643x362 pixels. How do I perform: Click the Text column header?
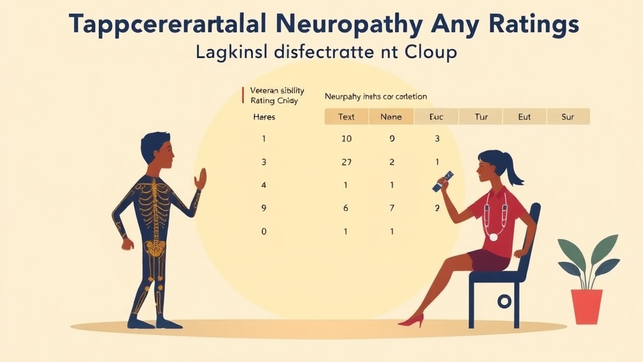coord(346,117)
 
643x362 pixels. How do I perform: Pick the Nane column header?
coord(391,117)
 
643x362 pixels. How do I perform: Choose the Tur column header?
coord(481,117)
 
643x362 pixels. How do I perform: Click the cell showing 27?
coord(346,162)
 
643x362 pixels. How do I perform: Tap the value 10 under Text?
coord(346,139)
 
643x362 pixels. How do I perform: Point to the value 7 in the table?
coord(391,208)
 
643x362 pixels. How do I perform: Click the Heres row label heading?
coord(264,117)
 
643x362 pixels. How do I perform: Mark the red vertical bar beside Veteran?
coord(242,95)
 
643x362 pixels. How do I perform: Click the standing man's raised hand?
coord(200,178)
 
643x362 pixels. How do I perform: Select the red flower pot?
coord(586,306)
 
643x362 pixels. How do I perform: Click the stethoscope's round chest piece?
coord(494,237)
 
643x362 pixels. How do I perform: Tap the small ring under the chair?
coord(504,302)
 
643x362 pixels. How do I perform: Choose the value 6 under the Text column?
coord(346,208)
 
